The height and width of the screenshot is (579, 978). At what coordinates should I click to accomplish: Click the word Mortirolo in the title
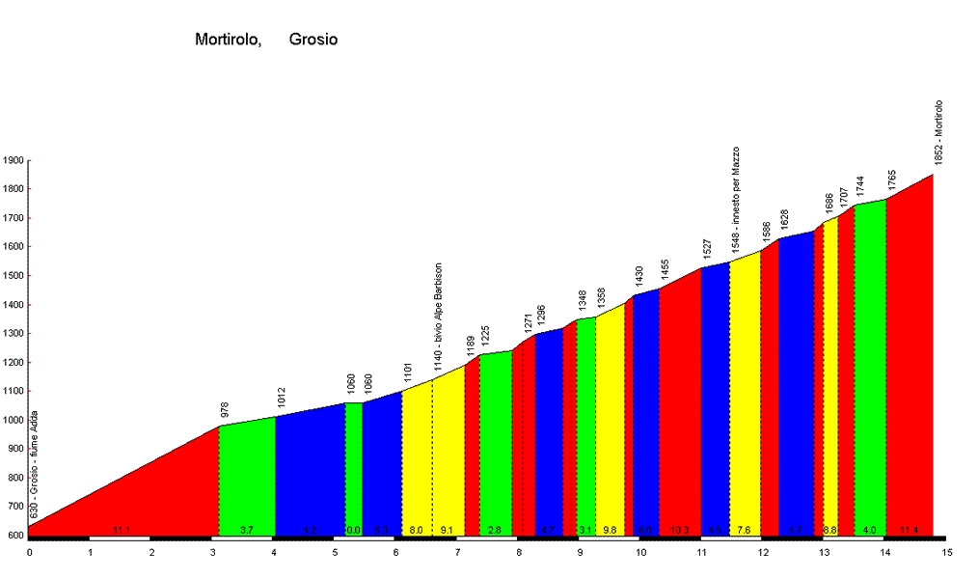point(228,41)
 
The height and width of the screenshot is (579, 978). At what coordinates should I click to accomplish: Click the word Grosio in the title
point(312,41)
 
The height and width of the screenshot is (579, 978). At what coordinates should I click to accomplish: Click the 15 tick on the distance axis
point(947,553)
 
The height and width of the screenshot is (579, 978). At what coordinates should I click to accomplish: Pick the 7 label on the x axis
point(458,553)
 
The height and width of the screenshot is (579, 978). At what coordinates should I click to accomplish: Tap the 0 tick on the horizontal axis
point(29,553)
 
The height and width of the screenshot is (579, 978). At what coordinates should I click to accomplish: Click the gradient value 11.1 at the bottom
point(121,530)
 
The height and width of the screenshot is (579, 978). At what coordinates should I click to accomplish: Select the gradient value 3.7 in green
point(246,530)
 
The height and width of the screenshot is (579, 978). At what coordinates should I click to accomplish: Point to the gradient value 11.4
point(909,530)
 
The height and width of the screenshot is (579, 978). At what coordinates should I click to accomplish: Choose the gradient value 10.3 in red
point(679,530)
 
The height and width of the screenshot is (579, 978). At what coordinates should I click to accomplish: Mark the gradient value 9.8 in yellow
point(609,530)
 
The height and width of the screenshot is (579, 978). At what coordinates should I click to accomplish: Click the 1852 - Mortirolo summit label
point(938,132)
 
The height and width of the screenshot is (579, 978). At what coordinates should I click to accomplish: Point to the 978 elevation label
point(224,409)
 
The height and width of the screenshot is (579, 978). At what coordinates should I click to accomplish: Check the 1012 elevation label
point(281,399)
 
